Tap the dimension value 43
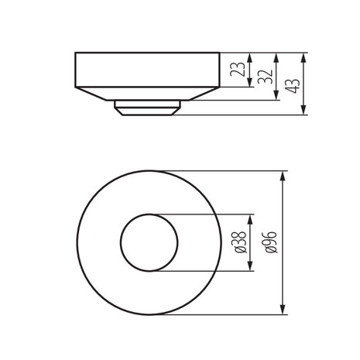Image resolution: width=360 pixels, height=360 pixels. coord(293,81)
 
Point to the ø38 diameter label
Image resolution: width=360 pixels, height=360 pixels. coord(239,242)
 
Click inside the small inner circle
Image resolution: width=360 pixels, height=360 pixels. coord(148,242)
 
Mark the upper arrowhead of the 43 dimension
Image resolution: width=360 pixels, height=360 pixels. coord(303,57)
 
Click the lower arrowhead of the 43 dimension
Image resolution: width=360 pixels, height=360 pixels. coord(303,111)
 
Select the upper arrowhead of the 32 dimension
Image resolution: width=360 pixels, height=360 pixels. coord(276,57)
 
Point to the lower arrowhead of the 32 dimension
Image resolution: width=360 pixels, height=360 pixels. coord(276,96)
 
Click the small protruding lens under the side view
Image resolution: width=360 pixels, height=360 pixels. coord(147,107)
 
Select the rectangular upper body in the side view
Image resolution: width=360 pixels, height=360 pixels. coord(147,69)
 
